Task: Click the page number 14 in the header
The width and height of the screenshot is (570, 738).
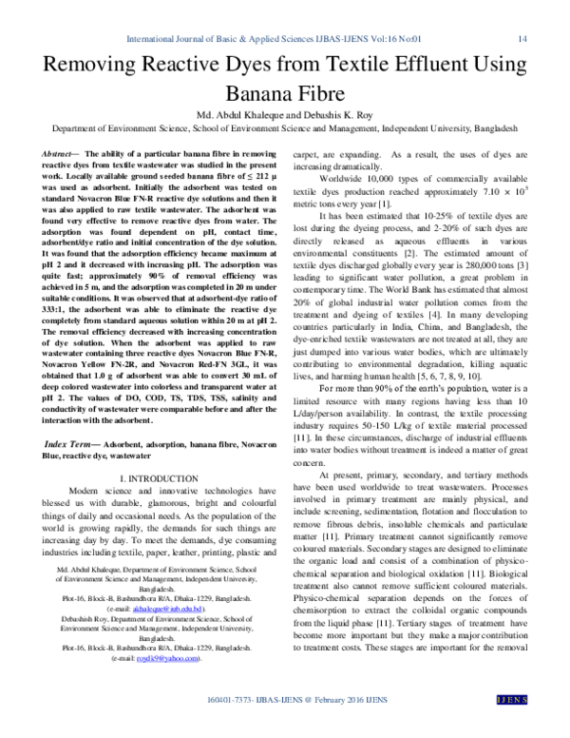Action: [522, 39]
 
